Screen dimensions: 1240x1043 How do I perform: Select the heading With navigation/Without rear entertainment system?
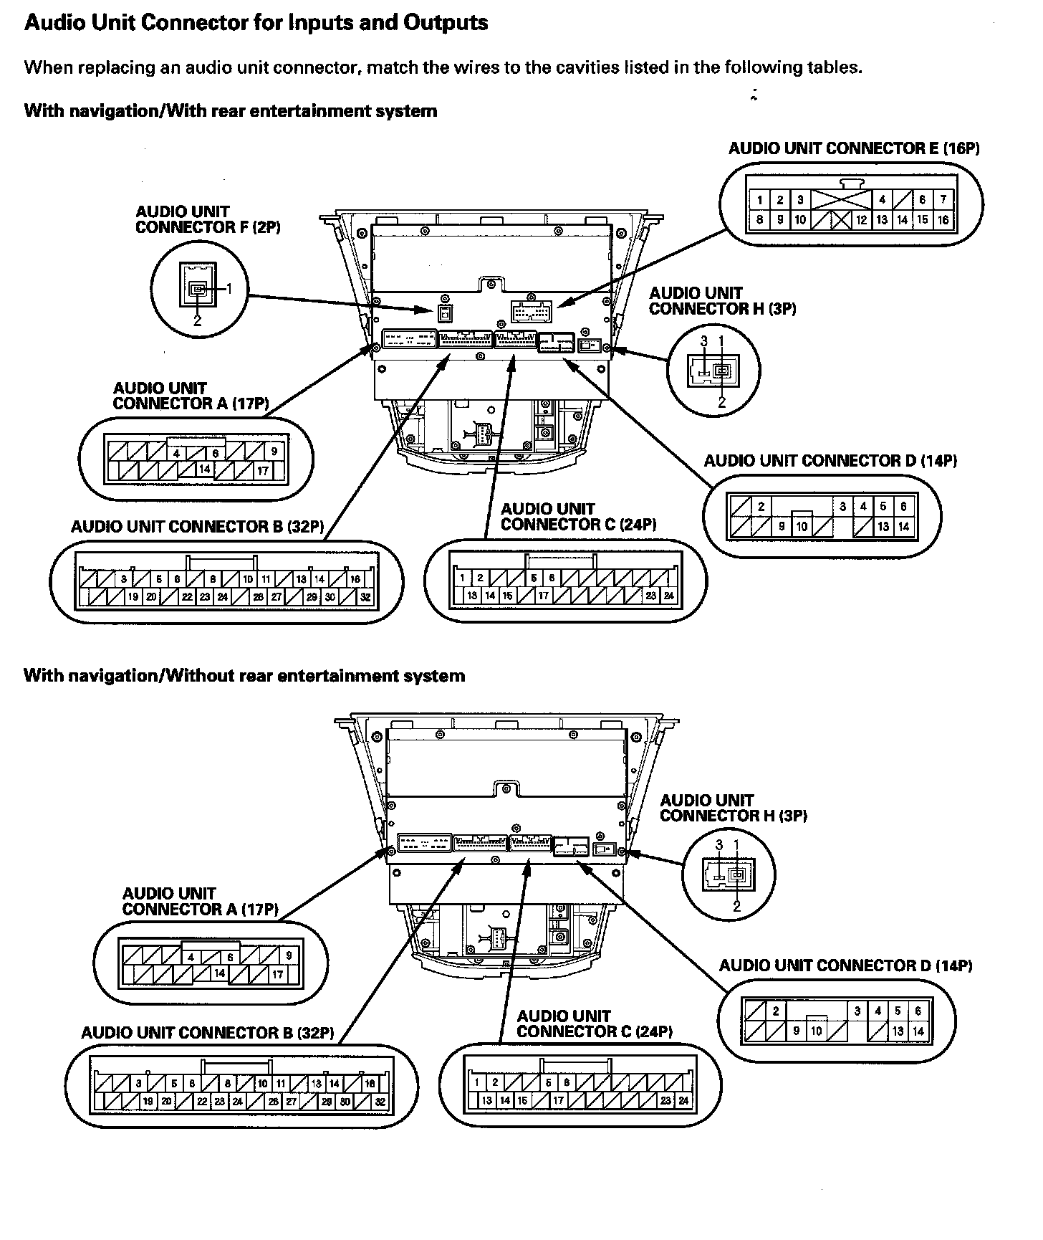(x=244, y=676)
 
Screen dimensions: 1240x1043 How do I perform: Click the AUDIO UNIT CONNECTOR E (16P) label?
(x=854, y=148)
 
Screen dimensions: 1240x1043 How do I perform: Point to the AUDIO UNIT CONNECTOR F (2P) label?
(x=208, y=219)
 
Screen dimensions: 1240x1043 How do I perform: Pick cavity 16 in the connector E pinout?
(x=943, y=220)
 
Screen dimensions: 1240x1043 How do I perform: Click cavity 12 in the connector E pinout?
(x=861, y=220)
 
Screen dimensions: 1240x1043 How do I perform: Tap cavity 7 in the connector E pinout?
(x=943, y=200)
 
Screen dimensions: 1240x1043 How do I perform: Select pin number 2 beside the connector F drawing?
(x=197, y=320)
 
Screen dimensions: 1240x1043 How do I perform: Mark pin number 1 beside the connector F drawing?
(x=229, y=288)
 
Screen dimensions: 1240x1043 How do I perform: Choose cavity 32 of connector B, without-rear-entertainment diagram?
(x=380, y=1102)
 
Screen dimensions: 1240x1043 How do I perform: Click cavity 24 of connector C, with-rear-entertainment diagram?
(x=668, y=596)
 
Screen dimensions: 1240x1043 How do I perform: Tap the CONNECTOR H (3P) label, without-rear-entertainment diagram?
(x=734, y=808)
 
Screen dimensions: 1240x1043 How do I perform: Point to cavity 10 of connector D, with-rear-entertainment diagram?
(x=802, y=527)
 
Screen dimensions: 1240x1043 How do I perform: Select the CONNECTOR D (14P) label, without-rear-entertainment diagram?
(x=845, y=966)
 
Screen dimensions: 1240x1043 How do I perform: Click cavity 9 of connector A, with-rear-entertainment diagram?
(x=274, y=452)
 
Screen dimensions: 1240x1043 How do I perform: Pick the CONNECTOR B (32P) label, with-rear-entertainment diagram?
(x=197, y=527)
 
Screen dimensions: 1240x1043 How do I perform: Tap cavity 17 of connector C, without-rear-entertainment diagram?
(x=559, y=1101)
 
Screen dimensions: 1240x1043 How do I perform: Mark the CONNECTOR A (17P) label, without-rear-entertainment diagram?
(x=200, y=902)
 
